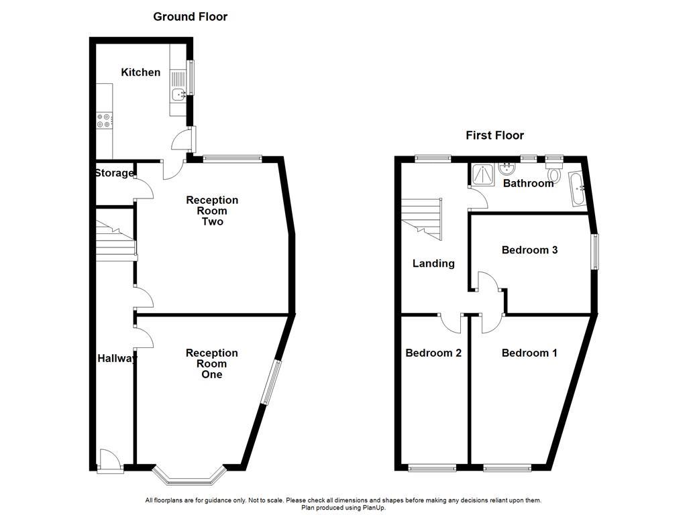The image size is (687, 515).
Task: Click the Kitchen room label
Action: [x=140, y=72]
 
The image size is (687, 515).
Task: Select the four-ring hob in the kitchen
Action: [x=104, y=120]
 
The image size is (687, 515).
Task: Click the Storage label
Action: [x=114, y=173]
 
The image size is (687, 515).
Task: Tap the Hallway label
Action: [x=117, y=358]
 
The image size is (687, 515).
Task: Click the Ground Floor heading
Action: [x=190, y=17]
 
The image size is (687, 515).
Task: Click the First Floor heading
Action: [x=494, y=135]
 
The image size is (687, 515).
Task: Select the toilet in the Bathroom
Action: [x=554, y=173]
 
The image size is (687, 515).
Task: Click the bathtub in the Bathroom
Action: [x=576, y=189]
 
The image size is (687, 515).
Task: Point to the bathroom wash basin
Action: [x=505, y=168]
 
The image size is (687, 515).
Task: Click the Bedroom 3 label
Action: [x=529, y=250]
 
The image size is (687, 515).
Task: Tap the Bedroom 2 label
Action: [x=433, y=353]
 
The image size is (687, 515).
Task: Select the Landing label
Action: [x=433, y=264]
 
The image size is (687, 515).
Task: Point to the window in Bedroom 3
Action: [x=594, y=251]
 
